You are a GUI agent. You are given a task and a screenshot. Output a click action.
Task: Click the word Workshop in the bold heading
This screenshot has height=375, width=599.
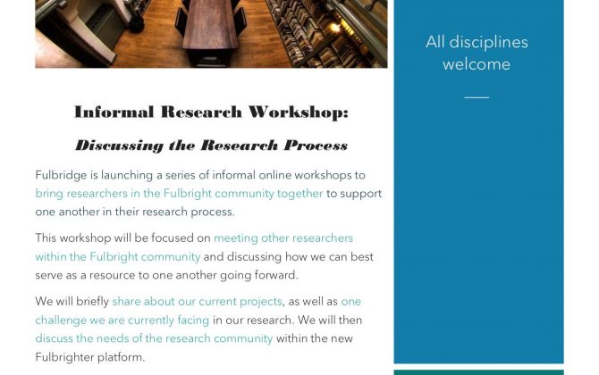tap(299, 112)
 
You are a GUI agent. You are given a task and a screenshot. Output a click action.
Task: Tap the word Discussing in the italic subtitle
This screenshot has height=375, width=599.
tap(120, 146)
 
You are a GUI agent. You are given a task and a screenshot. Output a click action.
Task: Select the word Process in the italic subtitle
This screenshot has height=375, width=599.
tap(316, 146)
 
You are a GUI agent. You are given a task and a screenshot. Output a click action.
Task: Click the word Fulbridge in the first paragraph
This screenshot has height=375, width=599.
tap(61, 175)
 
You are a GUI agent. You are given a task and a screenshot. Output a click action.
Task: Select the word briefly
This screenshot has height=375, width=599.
tap(92, 302)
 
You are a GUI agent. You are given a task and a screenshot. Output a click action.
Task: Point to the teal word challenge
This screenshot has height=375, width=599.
tap(61, 320)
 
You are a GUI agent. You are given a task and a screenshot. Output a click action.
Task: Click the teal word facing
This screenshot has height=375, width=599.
tap(193, 320)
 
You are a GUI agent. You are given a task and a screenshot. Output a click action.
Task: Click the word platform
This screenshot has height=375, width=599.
tap(122, 357)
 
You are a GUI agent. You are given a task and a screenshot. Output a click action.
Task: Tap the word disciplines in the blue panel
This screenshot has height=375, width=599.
tap(489, 42)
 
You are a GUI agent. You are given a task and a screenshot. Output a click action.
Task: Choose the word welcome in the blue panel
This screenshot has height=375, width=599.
tap(477, 63)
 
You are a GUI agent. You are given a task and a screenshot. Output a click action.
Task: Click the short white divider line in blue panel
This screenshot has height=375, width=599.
tap(477, 97)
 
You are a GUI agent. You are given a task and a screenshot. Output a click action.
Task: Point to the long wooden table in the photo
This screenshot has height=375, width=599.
tap(209, 24)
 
